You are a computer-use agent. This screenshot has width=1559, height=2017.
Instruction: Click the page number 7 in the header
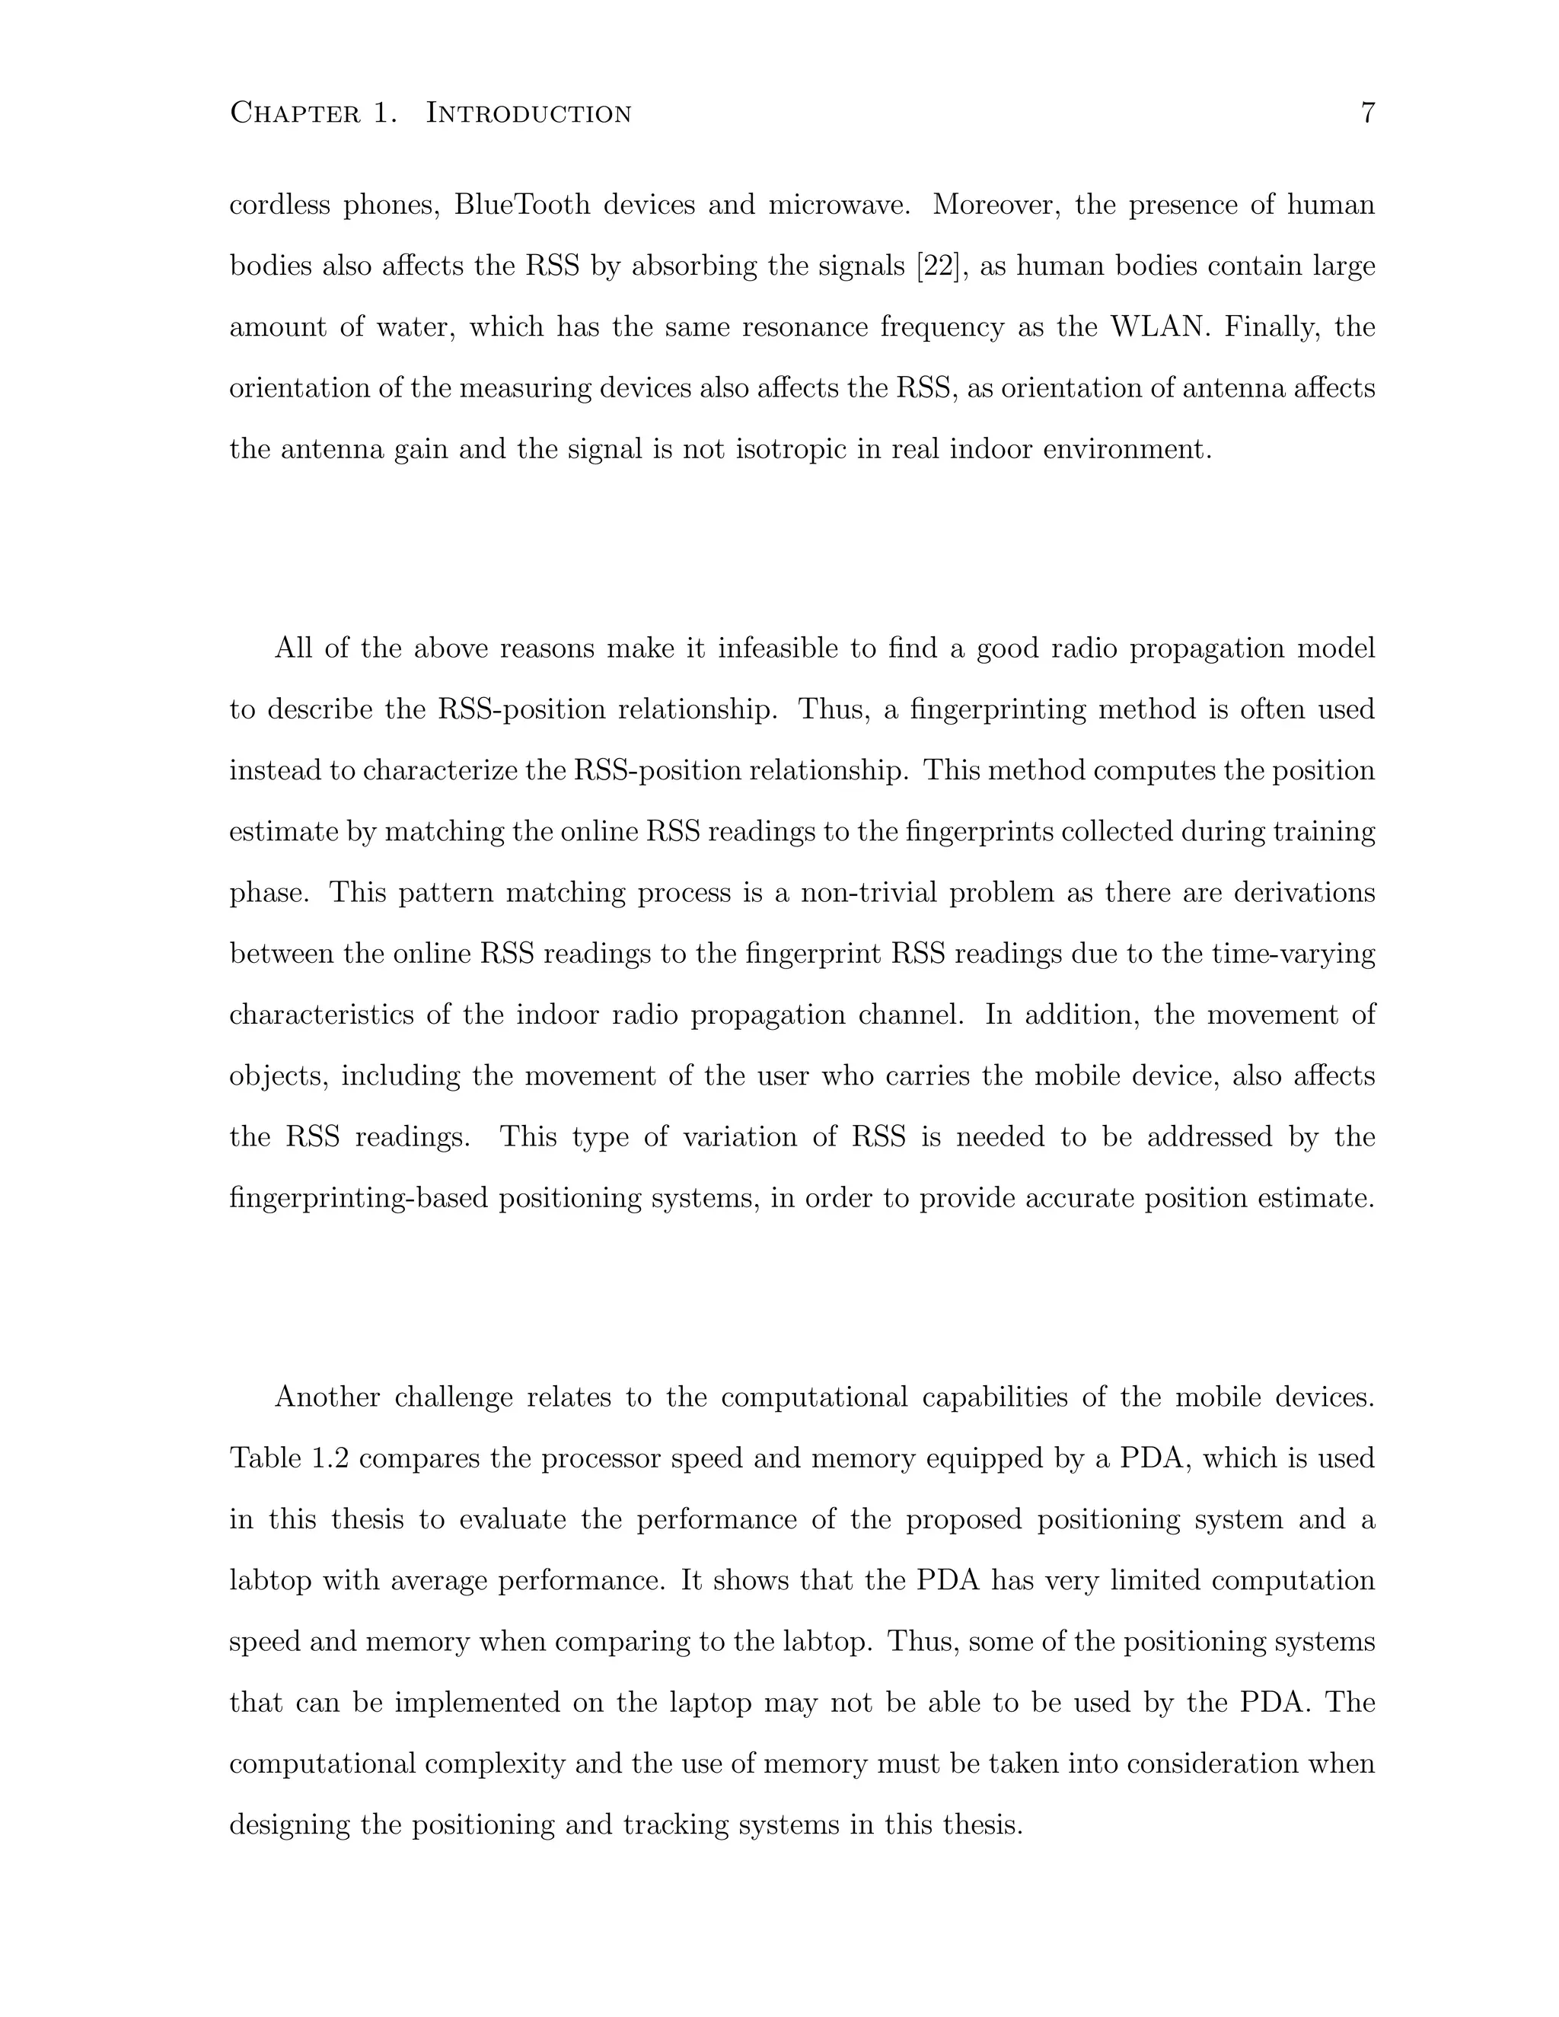[x=1367, y=113]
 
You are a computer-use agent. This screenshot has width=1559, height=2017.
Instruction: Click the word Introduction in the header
[x=528, y=113]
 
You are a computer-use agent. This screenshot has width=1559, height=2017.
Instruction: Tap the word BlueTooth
[x=521, y=204]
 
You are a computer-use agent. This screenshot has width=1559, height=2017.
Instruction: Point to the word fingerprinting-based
[x=359, y=1199]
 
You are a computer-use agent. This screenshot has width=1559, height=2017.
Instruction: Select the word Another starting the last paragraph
[x=327, y=1397]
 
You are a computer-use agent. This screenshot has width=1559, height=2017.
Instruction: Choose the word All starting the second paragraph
[x=293, y=648]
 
